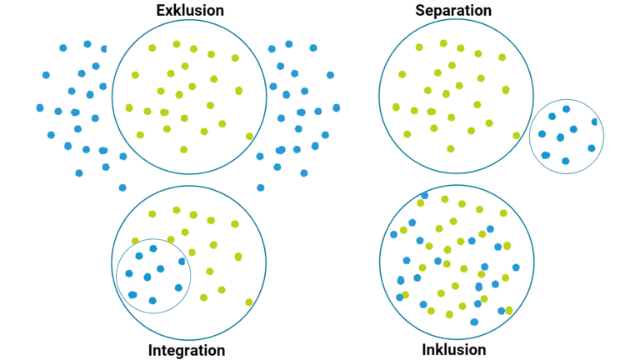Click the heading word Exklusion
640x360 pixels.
pos(189,11)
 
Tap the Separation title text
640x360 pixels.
pos(452,11)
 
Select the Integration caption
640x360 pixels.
pos(187,350)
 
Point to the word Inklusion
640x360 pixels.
pos(453,350)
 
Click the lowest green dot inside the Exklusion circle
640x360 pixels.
pos(183,149)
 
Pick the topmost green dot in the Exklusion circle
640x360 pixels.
pos(177,44)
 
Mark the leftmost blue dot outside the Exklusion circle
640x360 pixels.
pos(40,107)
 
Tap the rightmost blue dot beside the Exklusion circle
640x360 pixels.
pos(336,107)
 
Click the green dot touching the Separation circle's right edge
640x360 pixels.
pos(517,136)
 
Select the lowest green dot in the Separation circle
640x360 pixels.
pos(451,149)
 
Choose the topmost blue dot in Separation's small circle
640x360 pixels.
pos(566,108)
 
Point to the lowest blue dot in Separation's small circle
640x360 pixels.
pos(566,161)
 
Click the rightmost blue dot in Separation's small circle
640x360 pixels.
pos(595,122)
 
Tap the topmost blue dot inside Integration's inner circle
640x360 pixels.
pos(152,248)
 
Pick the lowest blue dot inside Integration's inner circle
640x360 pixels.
pos(152,300)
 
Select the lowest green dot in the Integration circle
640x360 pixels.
pos(249,302)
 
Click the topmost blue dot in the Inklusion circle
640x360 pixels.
pos(424,195)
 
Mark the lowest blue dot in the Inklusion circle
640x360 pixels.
pos(474,322)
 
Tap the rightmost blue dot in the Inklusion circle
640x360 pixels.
pos(516,267)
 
